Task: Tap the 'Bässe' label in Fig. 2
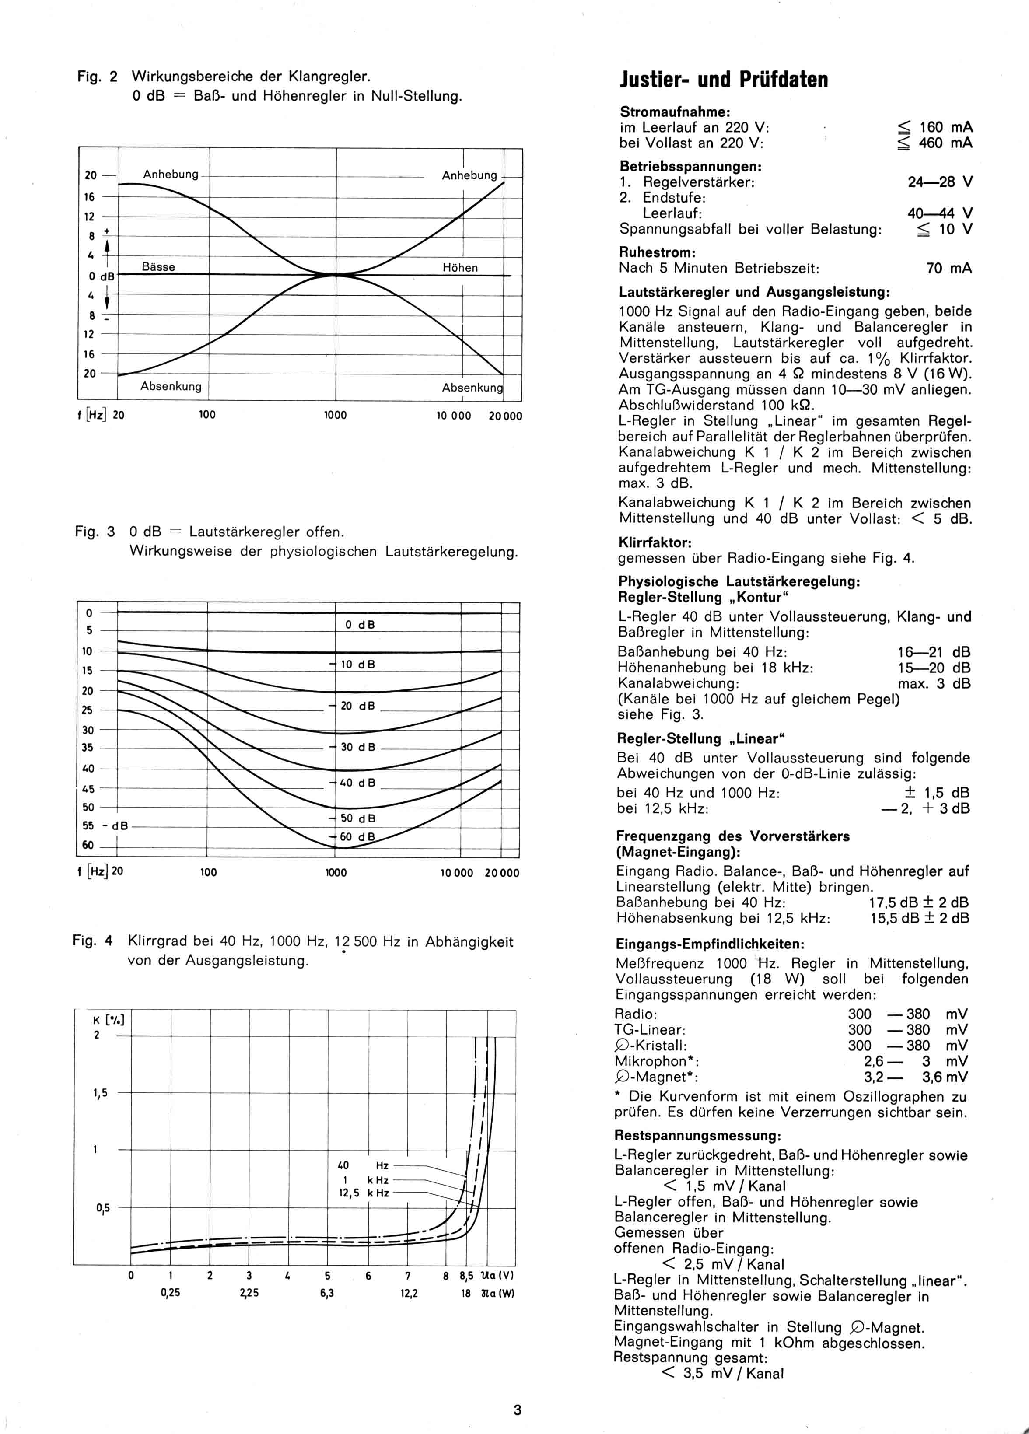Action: [x=158, y=267]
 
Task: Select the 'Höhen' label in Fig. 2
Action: [x=460, y=267]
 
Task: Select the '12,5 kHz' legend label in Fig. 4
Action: [x=364, y=1193]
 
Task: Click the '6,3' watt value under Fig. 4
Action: [x=327, y=1294]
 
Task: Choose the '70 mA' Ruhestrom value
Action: [x=948, y=268]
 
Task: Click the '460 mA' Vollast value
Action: [x=945, y=143]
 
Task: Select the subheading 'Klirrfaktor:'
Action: [x=654, y=542]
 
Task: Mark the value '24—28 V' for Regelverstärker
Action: [x=940, y=182]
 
